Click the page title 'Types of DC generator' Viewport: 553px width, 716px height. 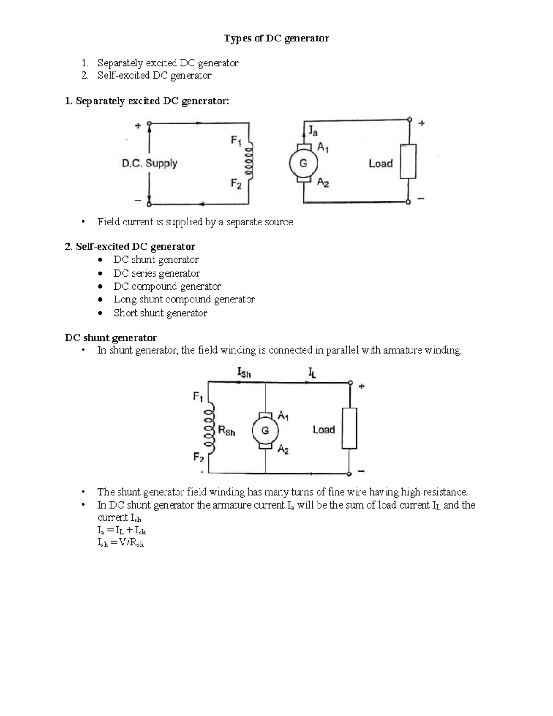[x=276, y=39]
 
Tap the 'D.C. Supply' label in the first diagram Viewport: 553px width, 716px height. [x=149, y=163]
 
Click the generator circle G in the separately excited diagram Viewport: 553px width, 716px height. [x=303, y=163]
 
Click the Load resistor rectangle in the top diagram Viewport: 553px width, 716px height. [x=408, y=161]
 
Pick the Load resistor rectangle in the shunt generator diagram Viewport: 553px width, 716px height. [x=349, y=428]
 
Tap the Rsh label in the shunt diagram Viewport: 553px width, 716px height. [x=226, y=431]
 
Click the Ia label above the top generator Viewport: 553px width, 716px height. [x=312, y=131]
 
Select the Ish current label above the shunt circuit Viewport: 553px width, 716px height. [x=243, y=372]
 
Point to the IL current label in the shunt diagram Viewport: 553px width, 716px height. [x=312, y=372]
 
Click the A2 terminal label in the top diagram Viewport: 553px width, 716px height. [x=323, y=183]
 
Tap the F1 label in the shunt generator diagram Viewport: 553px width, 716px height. [x=198, y=396]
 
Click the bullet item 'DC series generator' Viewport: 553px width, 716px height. [x=157, y=273]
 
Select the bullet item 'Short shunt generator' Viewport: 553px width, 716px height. [x=160, y=313]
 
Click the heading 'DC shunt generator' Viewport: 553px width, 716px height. [x=111, y=337]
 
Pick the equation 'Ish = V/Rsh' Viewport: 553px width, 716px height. [x=121, y=543]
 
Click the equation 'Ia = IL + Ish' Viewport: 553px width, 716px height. [x=122, y=531]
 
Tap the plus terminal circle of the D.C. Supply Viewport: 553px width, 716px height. [x=149, y=124]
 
